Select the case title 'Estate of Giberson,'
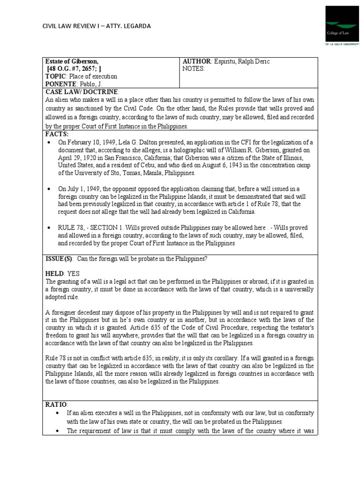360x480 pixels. click(x=72, y=61)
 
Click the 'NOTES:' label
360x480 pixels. click(x=194, y=68)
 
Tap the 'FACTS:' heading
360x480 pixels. click(x=57, y=134)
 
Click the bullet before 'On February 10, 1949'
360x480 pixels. click(x=49, y=142)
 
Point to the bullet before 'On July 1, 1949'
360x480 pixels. click(x=49, y=188)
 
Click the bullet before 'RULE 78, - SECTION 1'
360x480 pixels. click(x=49, y=227)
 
